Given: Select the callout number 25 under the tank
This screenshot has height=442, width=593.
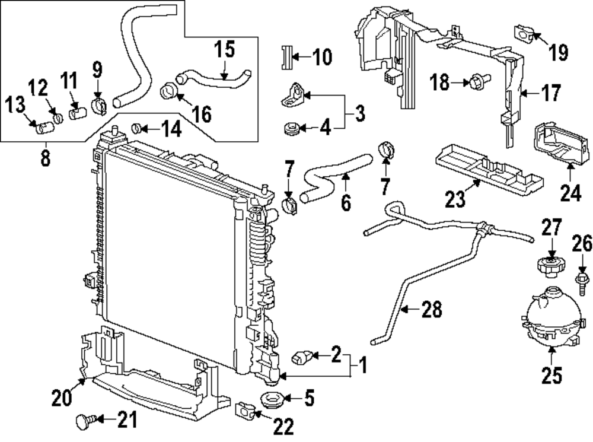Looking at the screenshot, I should tap(551, 375).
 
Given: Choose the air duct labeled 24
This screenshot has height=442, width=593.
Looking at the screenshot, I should tap(554, 144).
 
